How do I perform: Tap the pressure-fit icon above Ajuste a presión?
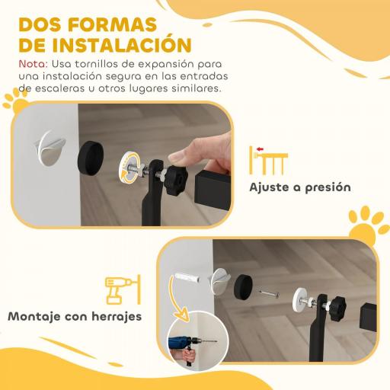[269, 160]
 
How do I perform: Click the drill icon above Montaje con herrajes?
[121, 289]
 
